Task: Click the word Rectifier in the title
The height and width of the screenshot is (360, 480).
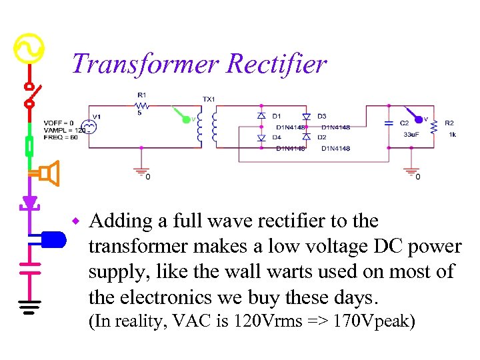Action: coord(276,64)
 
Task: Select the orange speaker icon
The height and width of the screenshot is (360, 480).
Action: coord(48,173)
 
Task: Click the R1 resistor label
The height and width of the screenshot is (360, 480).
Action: coord(141,95)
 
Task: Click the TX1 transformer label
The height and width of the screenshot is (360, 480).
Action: coord(209,99)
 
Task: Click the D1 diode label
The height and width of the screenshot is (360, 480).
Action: coord(277,116)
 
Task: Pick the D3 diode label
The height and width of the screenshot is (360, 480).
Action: coord(322,116)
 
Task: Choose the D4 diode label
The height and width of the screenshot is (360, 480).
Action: coord(277,137)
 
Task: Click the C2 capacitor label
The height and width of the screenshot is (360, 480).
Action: coord(404,123)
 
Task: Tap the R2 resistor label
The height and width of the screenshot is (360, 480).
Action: coord(449,123)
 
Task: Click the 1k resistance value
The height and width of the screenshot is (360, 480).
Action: coord(452,135)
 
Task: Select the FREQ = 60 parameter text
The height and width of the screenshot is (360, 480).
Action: coord(61,137)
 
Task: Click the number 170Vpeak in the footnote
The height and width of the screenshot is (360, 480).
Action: coord(374,321)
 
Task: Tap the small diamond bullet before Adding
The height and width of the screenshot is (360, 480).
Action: coord(77,221)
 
